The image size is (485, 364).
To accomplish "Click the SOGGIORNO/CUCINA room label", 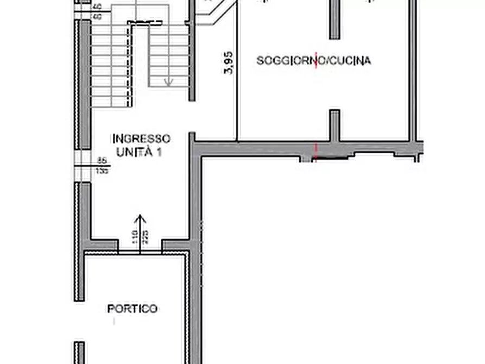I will [313, 61].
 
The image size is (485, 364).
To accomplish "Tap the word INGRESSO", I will [141, 139].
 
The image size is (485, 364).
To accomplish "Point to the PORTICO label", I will [132, 309].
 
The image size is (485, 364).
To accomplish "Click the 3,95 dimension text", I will [229, 63].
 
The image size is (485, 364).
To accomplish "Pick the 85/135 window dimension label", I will [102, 165].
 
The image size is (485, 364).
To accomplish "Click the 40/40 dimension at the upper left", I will [98, 12].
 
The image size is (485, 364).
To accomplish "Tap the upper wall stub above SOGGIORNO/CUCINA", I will [335, 20].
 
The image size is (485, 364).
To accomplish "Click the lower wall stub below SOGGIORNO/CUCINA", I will [335, 125].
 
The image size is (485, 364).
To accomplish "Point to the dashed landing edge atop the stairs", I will [145, 23].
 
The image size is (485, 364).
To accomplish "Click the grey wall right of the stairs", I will [191, 60].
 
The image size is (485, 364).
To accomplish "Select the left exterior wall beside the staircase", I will [85, 84].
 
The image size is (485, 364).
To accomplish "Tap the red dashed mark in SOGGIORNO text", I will [316, 61].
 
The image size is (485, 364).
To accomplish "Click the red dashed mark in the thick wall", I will [316, 152].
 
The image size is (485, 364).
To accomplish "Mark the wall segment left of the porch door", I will [102, 246].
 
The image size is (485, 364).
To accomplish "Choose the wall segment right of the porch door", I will [176, 246].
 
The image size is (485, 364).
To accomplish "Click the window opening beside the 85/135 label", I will [85, 166].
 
